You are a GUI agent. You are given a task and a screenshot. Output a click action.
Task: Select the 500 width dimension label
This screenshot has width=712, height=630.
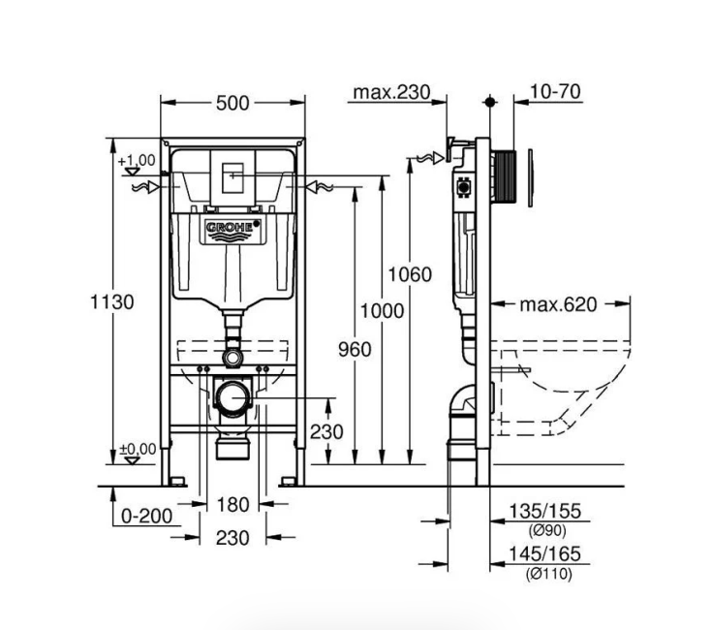pyautogui.click(x=232, y=104)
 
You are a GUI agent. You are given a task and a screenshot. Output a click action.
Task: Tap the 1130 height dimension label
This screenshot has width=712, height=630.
pyautogui.click(x=112, y=302)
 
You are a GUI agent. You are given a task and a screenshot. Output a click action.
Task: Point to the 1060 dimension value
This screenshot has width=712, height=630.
pyautogui.click(x=410, y=275)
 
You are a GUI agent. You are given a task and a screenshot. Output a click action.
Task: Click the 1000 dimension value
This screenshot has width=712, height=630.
pyautogui.click(x=382, y=311)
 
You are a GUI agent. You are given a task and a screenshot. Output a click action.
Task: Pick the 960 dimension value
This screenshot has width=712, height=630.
pyautogui.click(x=355, y=350)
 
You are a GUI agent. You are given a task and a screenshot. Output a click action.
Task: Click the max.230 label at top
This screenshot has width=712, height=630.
pyautogui.click(x=391, y=92)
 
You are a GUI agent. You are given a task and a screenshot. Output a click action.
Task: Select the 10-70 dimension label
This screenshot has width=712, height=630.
pyautogui.click(x=555, y=92)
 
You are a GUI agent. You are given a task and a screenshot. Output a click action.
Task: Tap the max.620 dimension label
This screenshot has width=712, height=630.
pyautogui.click(x=558, y=304)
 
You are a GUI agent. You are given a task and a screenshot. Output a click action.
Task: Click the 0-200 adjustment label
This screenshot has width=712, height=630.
pyautogui.click(x=146, y=517)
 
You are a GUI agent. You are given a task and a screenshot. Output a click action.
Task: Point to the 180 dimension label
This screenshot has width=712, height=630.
pyautogui.click(x=232, y=505)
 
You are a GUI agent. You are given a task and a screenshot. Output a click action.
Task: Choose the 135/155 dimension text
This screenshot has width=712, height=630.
pyautogui.click(x=544, y=512)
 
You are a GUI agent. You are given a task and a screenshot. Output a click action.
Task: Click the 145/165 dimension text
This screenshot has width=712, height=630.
pyautogui.click(x=544, y=554)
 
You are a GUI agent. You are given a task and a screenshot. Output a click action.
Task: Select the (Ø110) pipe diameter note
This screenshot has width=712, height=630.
pyautogui.click(x=549, y=575)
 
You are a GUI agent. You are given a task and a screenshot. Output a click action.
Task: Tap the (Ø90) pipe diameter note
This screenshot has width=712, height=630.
pyautogui.click(x=547, y=530)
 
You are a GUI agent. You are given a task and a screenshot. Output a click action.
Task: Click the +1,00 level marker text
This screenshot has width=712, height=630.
pyautogui.click(x=137, y=161)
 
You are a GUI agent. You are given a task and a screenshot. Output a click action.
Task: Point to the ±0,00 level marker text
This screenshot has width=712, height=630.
pyautogui.click(x=138, y=449)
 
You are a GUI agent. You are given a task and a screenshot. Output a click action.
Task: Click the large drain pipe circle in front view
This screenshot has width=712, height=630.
pyautogui.click(x=232, y=397)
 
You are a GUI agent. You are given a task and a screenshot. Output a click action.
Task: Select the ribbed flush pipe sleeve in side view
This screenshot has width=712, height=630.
pyautogui.click(x=504, y=176)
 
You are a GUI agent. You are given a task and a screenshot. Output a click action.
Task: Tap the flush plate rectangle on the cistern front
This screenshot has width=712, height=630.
pyautogui.click(x=232, y=177)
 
